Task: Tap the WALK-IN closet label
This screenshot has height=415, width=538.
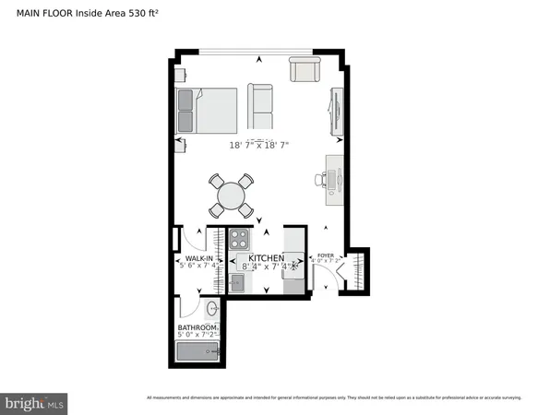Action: (200, 258)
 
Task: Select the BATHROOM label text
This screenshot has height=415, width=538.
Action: (197, 327)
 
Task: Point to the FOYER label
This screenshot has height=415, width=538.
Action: (325, 255)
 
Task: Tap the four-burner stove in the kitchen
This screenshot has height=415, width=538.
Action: (241, 239)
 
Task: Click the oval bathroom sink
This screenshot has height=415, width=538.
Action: (212, 308)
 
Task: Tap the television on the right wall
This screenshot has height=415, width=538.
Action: (337, 112)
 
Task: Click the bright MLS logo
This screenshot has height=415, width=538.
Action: (34, 403)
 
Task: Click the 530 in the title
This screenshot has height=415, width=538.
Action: (134, 11)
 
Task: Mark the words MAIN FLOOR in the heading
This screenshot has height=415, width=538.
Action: (34, 11)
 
